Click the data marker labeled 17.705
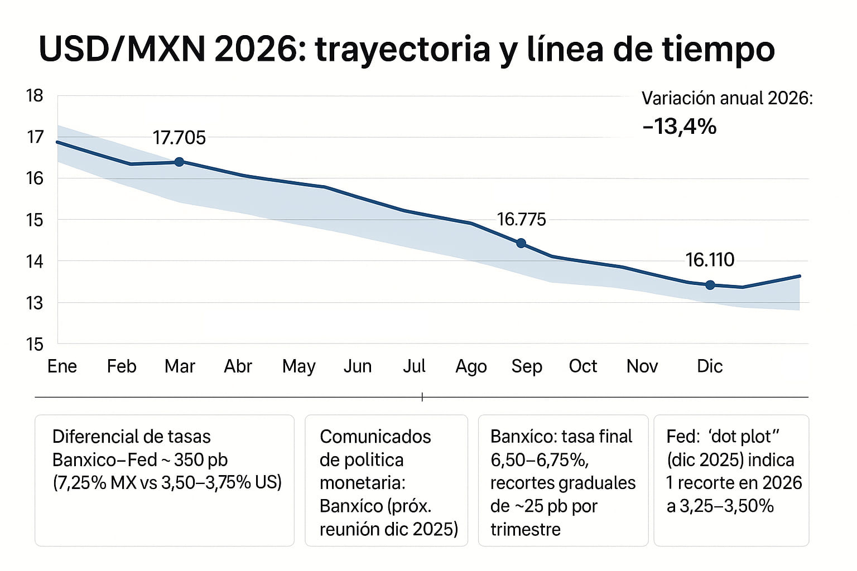[179, 162]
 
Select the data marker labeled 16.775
[521, 243]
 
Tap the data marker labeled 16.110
[710, 285]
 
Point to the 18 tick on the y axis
[35, 96]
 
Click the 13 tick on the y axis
[35, 303]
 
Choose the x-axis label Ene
[62, 366]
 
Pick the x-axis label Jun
[357, 366]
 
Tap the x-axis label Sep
[527, 367]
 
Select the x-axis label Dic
[710, 366]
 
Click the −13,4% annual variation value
[679, 127]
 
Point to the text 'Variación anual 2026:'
[727, 98]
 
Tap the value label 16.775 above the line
[521, 219]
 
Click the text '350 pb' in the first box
[200, 460]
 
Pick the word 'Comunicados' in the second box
[375, 437]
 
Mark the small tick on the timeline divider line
[422, 397]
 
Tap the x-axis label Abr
[238, 366]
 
